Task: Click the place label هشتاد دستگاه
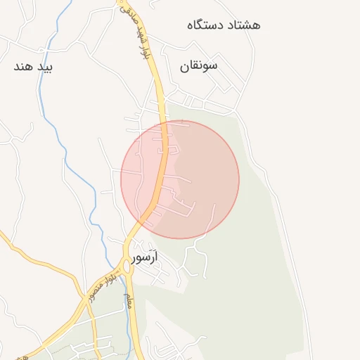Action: coord(224,25)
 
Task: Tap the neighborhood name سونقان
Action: coord(199,65)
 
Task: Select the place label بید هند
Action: coord(34,67)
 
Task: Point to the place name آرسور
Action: coord(144,258)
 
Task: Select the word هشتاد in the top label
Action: coord(245,25)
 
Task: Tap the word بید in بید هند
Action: coord(46,67)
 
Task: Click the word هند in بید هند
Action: coord(23,67)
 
